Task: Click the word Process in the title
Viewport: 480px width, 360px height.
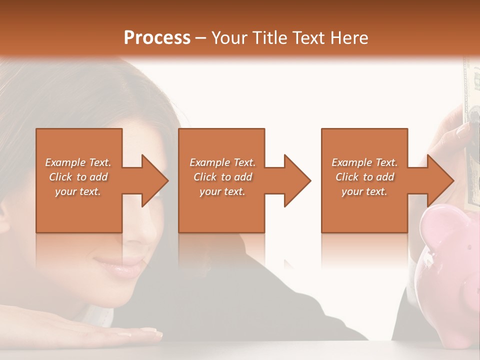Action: (x=157, y=37)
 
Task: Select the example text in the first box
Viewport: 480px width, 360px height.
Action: (x=78, y=177)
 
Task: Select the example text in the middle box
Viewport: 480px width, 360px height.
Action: (x=222, y=177)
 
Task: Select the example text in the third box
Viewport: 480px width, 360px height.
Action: (x=364, y=177)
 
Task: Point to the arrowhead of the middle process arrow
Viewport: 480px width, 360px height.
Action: (x=296, y=180)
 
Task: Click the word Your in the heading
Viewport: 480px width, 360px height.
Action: (x=231, y=37)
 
